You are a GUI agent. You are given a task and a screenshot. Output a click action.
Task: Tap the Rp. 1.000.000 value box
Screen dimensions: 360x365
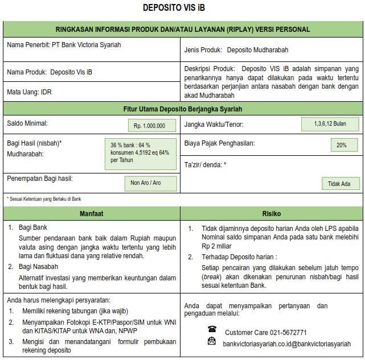pos(149,126)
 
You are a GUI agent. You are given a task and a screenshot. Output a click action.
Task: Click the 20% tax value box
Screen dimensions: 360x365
pos(341,145)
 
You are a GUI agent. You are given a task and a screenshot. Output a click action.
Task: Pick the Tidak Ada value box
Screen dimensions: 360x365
pos(339,184)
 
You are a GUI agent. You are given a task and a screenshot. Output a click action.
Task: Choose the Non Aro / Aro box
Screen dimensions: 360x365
pos(150,183)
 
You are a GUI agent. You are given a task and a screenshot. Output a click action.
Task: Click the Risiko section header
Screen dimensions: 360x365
pos(272,214)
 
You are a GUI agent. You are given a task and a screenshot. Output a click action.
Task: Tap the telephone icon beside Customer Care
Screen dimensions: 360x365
pos(212,329)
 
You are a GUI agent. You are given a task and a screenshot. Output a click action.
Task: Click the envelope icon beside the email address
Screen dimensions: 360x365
pos(212,341)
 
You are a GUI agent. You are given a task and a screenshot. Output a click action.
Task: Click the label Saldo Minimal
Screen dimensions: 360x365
pos(27,123)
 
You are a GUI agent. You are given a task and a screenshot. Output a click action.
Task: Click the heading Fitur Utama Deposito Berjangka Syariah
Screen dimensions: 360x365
pos(182,107)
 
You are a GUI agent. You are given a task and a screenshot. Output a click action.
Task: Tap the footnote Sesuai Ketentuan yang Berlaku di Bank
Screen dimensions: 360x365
pos(43,199)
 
